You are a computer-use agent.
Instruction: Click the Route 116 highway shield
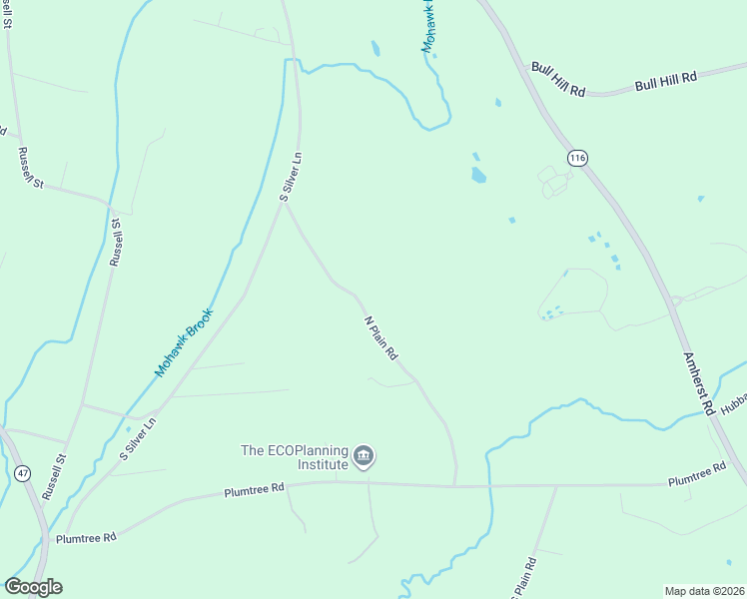pos(577,158)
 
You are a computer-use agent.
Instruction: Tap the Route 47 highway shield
pos(23,473)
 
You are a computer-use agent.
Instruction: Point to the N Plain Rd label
pos(380,338)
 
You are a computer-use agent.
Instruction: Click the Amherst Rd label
pos(698,382)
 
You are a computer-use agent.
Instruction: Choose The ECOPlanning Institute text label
pos(295,457)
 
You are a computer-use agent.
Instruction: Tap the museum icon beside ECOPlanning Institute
pos(364,457)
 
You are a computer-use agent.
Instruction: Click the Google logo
pos(33,587)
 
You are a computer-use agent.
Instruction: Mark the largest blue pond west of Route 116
pos(478,176)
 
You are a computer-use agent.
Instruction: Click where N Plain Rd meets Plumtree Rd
pos(455,486)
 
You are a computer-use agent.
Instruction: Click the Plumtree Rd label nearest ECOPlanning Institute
pos(254,490)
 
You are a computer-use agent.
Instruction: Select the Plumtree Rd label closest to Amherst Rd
pos(697,474)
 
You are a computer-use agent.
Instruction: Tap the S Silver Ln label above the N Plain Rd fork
pos(291,178)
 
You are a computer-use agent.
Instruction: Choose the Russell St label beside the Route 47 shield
pos(54,477)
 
